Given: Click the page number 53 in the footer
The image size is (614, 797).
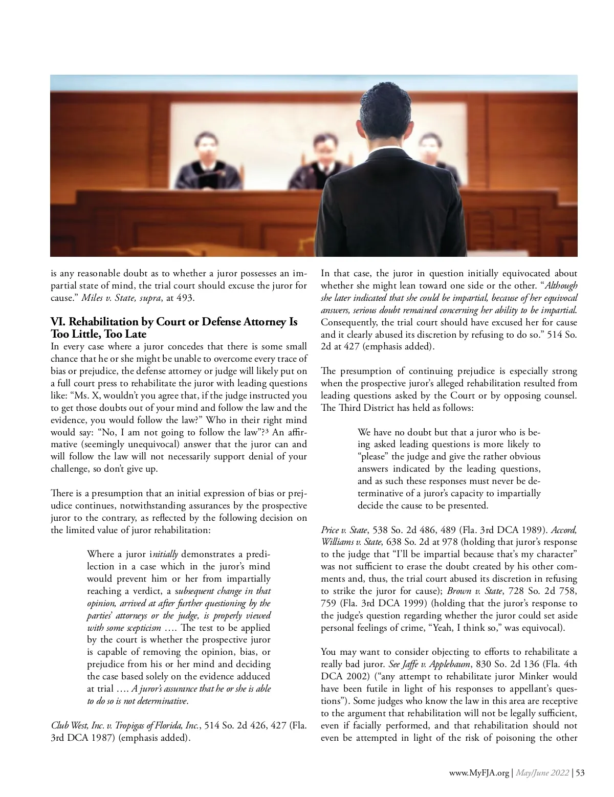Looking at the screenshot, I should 580,773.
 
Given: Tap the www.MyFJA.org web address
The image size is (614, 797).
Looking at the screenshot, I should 480,773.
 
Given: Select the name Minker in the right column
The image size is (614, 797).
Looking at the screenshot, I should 522,676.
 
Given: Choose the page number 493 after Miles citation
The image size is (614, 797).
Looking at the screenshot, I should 186,298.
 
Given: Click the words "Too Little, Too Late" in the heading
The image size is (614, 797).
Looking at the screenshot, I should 99,334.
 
